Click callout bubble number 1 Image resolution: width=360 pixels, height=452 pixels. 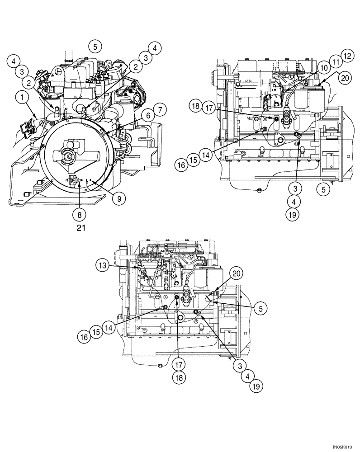(19, 96)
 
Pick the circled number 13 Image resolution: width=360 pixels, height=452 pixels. (103, 265)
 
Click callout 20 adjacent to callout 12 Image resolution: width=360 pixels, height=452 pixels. (344, 77)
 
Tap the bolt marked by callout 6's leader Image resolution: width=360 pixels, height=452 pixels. (104, 133)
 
